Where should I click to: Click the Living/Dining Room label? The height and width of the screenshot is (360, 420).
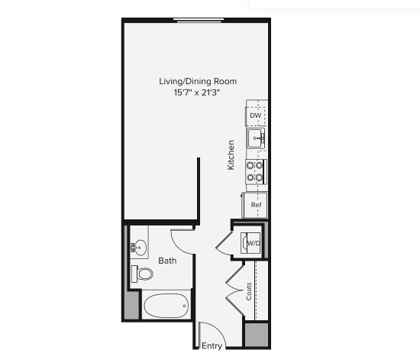198,81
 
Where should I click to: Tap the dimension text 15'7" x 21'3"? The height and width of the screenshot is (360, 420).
198,92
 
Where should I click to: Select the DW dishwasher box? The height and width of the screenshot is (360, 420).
256,115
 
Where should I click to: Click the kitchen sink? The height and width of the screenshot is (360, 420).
256,138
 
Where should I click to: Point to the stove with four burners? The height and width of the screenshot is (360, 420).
255,171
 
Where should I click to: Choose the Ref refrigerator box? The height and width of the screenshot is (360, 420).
257,205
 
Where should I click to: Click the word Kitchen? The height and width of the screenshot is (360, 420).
231,154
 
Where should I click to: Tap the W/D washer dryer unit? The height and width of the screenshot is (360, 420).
252,243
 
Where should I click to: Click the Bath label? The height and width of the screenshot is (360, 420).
167,261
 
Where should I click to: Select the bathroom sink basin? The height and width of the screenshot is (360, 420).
140,247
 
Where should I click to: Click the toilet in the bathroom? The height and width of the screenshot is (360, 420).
142,274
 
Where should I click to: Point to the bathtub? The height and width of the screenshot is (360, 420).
166,306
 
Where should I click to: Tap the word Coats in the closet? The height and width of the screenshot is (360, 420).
249,291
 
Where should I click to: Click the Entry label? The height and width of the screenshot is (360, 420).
212,346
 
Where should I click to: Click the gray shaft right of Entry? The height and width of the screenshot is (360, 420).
257,335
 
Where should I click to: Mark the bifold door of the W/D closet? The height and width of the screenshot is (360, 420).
225,244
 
